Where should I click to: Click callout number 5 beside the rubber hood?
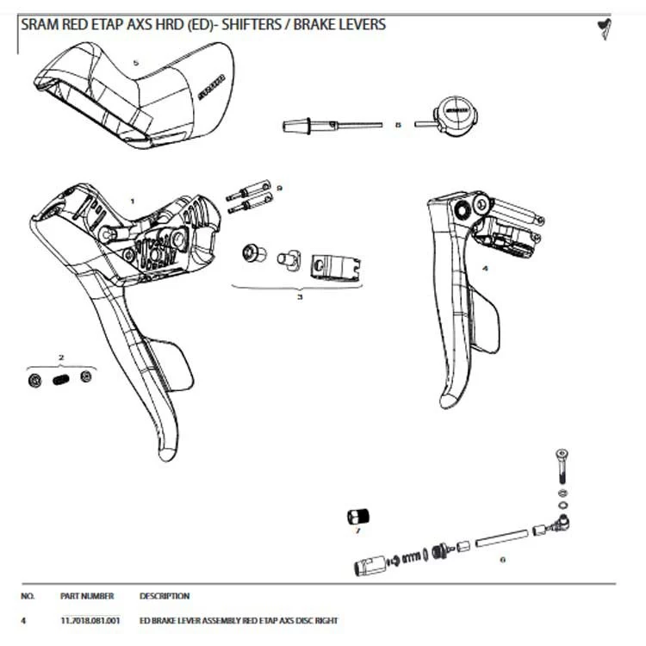pos(135,63)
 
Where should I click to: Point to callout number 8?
pos(397,125)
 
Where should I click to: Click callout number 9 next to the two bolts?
pos(279,188)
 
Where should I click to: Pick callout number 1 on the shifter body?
pos(132,201)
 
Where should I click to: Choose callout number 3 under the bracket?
pos(300,296)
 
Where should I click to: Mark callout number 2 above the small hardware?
pos(61,356)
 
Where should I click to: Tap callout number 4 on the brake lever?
pos(485,269)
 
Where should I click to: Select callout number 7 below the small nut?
pos(357,531)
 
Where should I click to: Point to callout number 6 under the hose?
pos(502,559)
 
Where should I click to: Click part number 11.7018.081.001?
pos(90,620)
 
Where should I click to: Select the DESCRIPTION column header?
pos(164,596)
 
